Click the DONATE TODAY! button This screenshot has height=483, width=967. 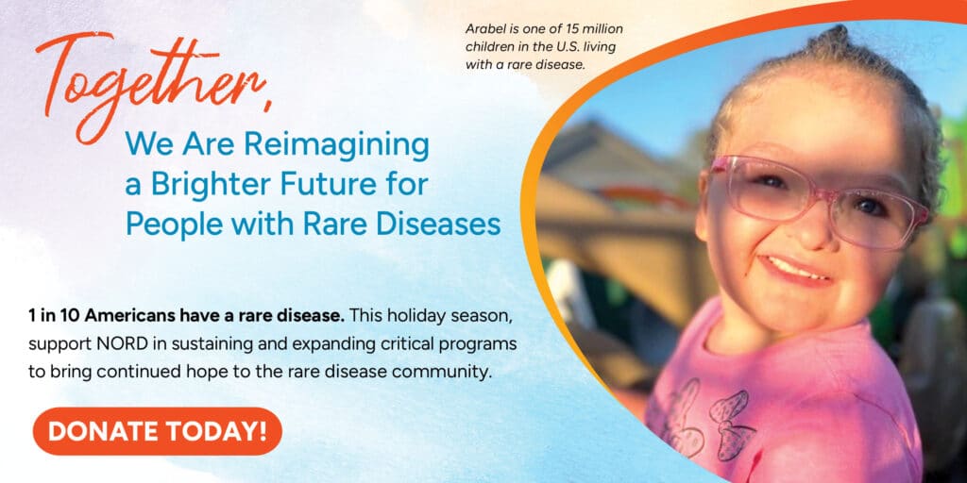158,431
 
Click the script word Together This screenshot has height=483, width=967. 148,84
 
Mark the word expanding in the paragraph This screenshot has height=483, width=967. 335,345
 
